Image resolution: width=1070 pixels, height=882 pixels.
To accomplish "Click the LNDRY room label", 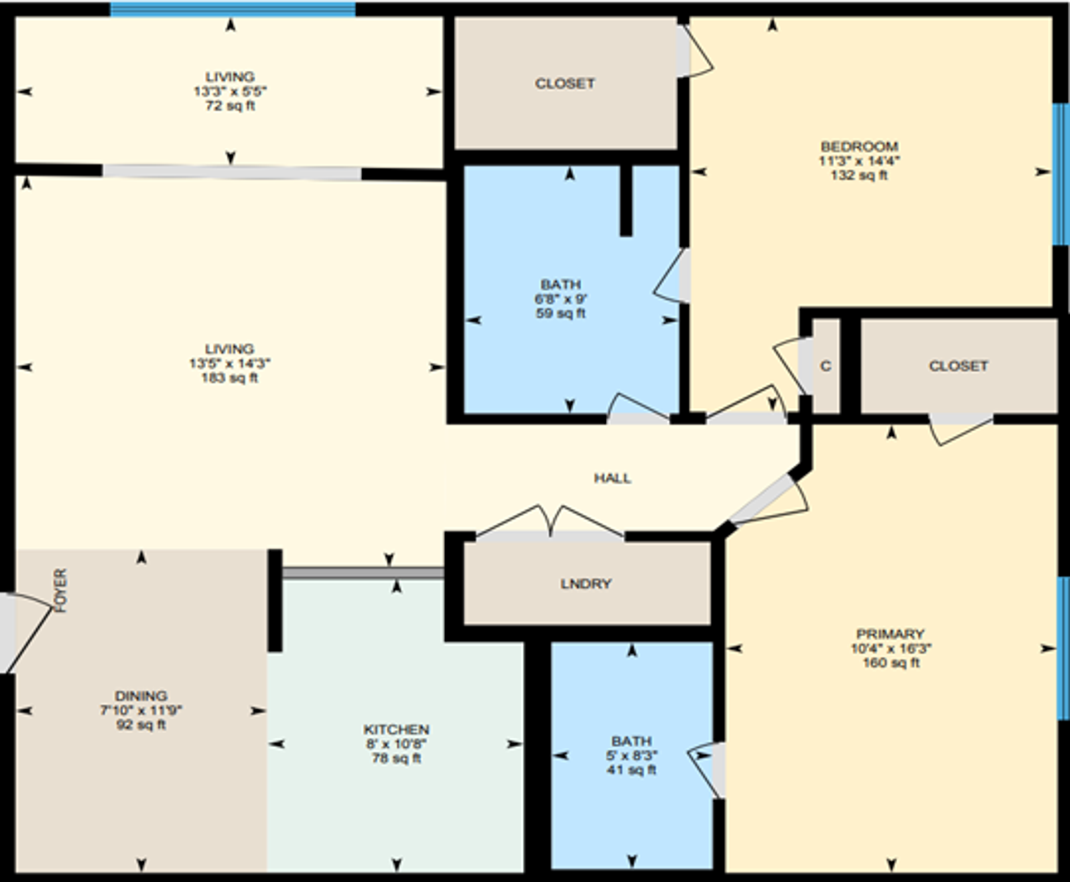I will tap(586, 584).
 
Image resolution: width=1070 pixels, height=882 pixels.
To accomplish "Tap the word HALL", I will tap(612, 478).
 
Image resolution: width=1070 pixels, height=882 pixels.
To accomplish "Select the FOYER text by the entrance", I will tap(61, 591).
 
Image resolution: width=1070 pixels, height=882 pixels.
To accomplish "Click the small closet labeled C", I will tap(825, 366).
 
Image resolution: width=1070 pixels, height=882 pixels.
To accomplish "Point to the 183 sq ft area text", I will tap(230, 378).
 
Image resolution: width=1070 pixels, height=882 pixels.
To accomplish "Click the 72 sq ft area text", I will tap(230, 106).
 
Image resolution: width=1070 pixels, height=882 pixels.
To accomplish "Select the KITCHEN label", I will tap(396, 729).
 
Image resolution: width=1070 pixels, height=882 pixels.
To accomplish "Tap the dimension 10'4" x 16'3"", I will tap(891, 649).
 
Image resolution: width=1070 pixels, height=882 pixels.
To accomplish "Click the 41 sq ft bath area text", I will tap(631, 770).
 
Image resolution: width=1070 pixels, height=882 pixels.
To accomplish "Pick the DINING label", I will tap(140, 696).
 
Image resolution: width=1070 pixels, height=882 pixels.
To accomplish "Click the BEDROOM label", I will tap(859, 147).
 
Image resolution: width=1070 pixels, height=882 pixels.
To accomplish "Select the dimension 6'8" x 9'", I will tap(560, 299).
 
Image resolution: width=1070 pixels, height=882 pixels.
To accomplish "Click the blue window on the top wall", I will tap(232, 9).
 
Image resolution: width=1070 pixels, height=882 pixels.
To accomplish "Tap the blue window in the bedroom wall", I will tap(1060, 174).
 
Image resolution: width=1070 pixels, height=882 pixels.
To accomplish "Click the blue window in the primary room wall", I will tap(1063, 649).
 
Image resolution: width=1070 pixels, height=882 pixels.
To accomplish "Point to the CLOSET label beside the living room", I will tap(565, 84).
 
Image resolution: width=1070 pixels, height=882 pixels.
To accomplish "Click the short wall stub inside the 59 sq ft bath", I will tap(626, 201).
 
